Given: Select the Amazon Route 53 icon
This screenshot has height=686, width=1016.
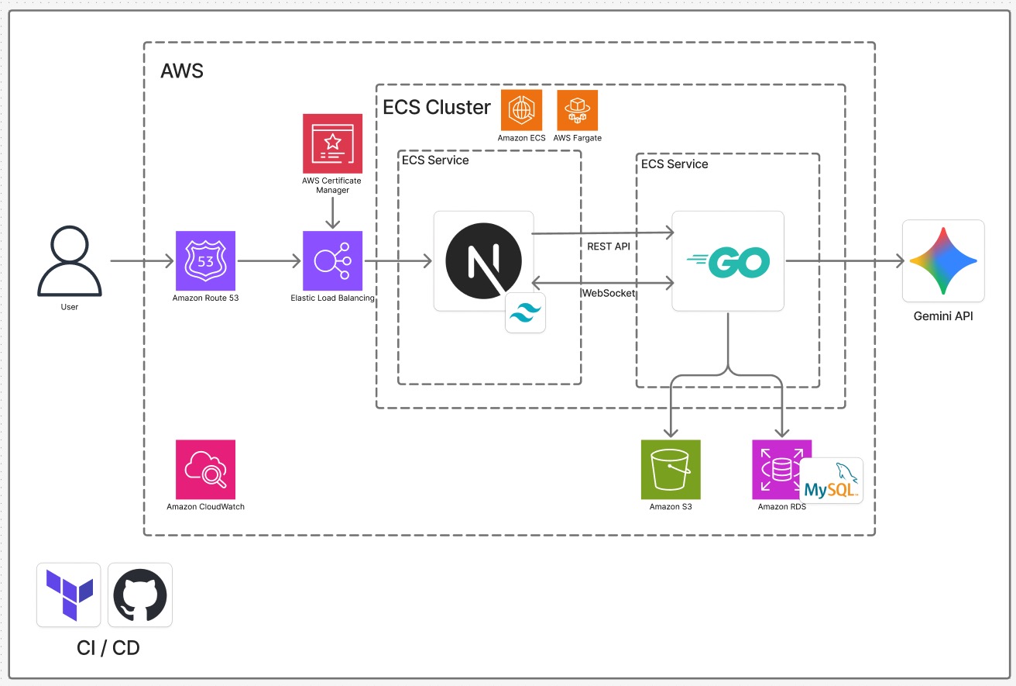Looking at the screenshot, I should tap(205, 260).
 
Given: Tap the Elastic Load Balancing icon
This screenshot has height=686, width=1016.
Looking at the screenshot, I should tap(332, 260).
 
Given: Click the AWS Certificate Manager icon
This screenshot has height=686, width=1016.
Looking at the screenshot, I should tap(332, 143).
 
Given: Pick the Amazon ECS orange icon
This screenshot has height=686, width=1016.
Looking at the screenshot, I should tap(521, 110).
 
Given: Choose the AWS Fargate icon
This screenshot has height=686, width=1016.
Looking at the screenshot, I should tap(577, 110).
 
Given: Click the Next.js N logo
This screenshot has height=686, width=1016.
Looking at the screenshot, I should tap(484, 260).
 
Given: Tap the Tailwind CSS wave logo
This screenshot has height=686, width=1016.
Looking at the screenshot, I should tap(525, 312).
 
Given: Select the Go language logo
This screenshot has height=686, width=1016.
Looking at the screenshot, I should tap(728, 261).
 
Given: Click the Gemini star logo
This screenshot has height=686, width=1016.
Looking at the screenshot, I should tap(943, 261).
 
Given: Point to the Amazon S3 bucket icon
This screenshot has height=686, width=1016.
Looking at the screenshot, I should tap(671, 469).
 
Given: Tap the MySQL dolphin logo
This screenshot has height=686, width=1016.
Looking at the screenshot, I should tap(831, 481).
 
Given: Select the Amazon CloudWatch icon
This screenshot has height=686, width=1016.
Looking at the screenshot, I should tap(205, 469).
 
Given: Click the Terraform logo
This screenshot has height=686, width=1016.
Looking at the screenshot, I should tap(69, 595).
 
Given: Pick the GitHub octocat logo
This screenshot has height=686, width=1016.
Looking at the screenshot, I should tap(140, 595).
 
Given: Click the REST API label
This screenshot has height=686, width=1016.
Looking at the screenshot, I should tap(609, 246).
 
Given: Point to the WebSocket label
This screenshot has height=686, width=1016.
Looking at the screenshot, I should tap(609, 293).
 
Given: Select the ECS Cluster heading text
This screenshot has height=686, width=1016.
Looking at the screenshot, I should tap(437, 107).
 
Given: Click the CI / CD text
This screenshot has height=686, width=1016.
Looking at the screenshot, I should tap(108, 648).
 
